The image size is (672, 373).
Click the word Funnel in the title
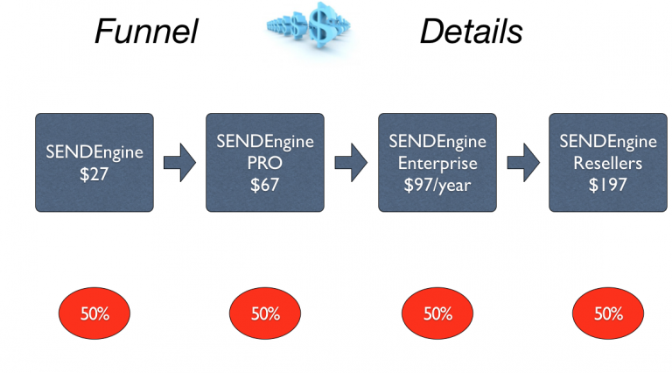tap(146, 32)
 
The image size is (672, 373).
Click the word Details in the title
tap(471, 32)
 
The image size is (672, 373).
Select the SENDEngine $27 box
tap(94, 162)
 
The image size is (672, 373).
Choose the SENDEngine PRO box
tap(265, 162)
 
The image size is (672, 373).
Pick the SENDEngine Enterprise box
tap(437, 162)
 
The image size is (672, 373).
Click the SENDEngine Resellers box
tap(608, 162)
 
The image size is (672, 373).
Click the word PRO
tap(265, 162)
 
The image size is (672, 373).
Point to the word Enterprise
tap(437, 162)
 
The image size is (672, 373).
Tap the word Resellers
tap(608, 162)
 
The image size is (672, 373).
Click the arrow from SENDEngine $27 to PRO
tap(179, 163)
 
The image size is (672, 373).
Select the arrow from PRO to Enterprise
tap(351, 163)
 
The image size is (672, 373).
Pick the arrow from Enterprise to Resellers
tap(522, 163)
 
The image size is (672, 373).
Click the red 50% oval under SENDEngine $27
tap(94, 313)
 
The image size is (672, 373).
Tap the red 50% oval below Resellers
tap(608, 313)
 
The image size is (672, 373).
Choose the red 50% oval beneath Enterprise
tap(437, 313)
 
